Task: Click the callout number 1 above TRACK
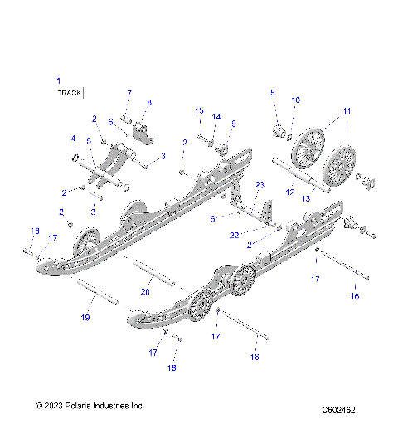(58, 80)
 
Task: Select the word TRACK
(69, 94)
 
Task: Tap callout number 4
(72, 138)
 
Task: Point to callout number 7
(129, 92)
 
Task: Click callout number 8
(149, 102)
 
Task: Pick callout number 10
(296, 100)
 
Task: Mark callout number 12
(289, 192)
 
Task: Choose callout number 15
(199, 110)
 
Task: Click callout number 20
(145, 291)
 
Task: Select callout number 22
(235, 235)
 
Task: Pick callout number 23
(259, 184)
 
